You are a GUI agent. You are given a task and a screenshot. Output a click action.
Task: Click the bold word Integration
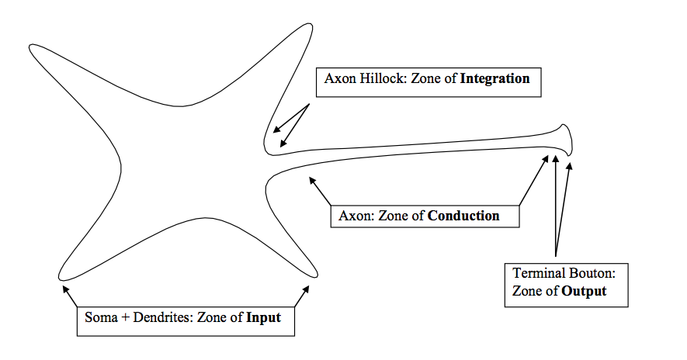click(493, 79)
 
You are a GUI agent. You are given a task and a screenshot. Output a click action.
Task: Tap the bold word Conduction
click(463, 215)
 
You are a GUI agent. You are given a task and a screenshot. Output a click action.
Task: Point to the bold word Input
click(263, 317)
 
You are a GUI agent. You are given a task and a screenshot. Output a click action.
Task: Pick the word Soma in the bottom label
click(99, 317)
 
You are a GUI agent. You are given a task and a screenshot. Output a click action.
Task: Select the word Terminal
click(536, 273)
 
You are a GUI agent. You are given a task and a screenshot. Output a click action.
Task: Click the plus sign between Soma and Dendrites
click(123, 317)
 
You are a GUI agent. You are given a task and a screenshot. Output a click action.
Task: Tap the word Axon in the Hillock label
click(339, 79)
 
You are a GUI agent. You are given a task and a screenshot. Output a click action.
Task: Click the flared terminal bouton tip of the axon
click(567, 140)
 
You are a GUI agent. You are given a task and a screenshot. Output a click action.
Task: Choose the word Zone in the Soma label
click(213, 317)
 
